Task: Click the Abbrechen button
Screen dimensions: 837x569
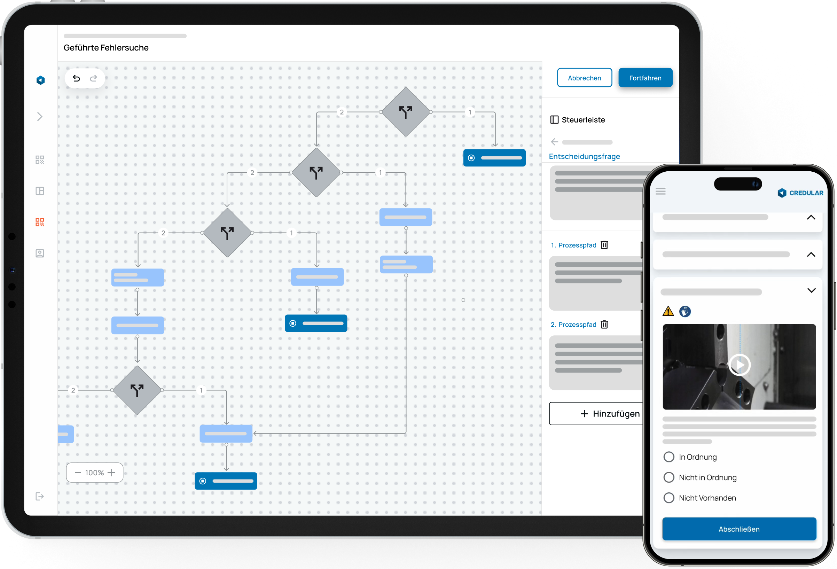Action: (584, 78)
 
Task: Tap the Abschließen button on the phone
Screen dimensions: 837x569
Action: (739, 529)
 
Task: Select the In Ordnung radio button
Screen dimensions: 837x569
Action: (668, 457)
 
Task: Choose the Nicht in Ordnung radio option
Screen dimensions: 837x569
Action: (668, 477)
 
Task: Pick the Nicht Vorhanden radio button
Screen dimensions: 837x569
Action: (668, 498)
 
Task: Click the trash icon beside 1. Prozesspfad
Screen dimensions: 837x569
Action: (604, 245)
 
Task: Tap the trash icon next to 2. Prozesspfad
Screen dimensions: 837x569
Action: (604, 325)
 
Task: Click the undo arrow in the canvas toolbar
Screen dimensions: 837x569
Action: (76, 78)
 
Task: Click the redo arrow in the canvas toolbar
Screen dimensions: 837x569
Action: (94, 78)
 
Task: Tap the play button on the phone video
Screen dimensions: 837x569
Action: (739, 365)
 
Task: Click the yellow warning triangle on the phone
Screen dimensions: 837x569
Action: (668, 311)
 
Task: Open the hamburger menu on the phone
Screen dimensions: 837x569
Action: (660, 191)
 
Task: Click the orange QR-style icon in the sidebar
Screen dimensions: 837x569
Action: (40, 222)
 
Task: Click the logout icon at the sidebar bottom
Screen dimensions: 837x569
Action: (40, 496)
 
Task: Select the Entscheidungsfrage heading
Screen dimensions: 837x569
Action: (584, 156)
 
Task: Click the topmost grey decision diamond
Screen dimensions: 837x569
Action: (406, 112)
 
